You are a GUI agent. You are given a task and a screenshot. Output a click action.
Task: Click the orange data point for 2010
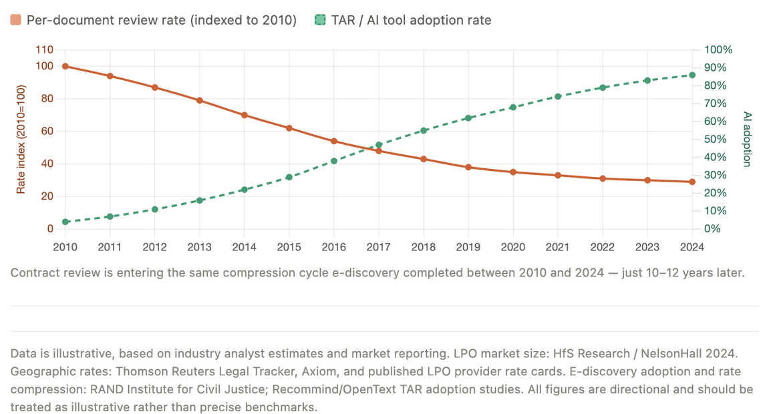tap(65, 66)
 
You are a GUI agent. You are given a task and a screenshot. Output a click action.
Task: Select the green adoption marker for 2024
tap(692, 75)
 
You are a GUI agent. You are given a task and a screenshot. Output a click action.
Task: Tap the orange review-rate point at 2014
tap(245, 115)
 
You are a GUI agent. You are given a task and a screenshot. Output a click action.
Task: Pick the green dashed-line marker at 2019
tap(468, 118)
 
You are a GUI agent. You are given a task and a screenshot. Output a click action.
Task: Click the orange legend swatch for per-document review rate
tap(16, 20)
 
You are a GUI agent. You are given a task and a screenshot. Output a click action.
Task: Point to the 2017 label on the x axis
tap(379, 246)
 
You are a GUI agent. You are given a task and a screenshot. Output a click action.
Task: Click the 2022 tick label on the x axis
tap(603, 246)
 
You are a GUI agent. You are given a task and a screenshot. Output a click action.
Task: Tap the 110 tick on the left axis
tap(44, 50)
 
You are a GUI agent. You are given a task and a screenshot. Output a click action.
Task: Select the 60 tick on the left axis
tap(47, 132)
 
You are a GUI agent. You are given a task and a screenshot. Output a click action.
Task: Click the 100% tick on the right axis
tap(719, 50)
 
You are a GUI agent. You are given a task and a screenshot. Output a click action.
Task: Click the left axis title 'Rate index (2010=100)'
tap(21, 140)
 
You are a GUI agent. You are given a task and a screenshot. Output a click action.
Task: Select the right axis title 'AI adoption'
tap(747, 139)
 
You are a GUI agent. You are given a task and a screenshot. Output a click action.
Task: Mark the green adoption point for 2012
tap(155, 209)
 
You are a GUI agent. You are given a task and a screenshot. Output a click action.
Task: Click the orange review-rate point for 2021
tap(558, 175)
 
